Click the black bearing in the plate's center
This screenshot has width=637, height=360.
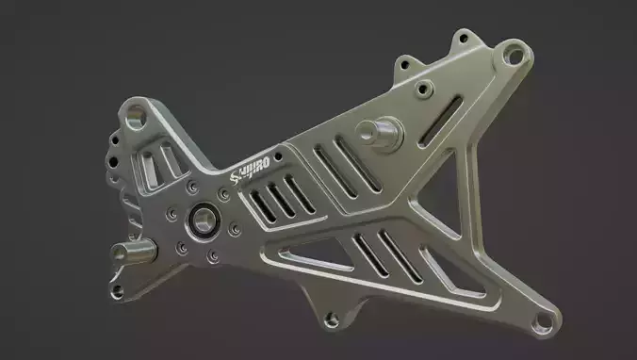coord(204,221)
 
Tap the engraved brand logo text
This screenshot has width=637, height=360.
coord(252,166)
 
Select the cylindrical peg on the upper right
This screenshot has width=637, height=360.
coord(384,131)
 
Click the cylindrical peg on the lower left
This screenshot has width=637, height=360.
coord(133,252)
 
